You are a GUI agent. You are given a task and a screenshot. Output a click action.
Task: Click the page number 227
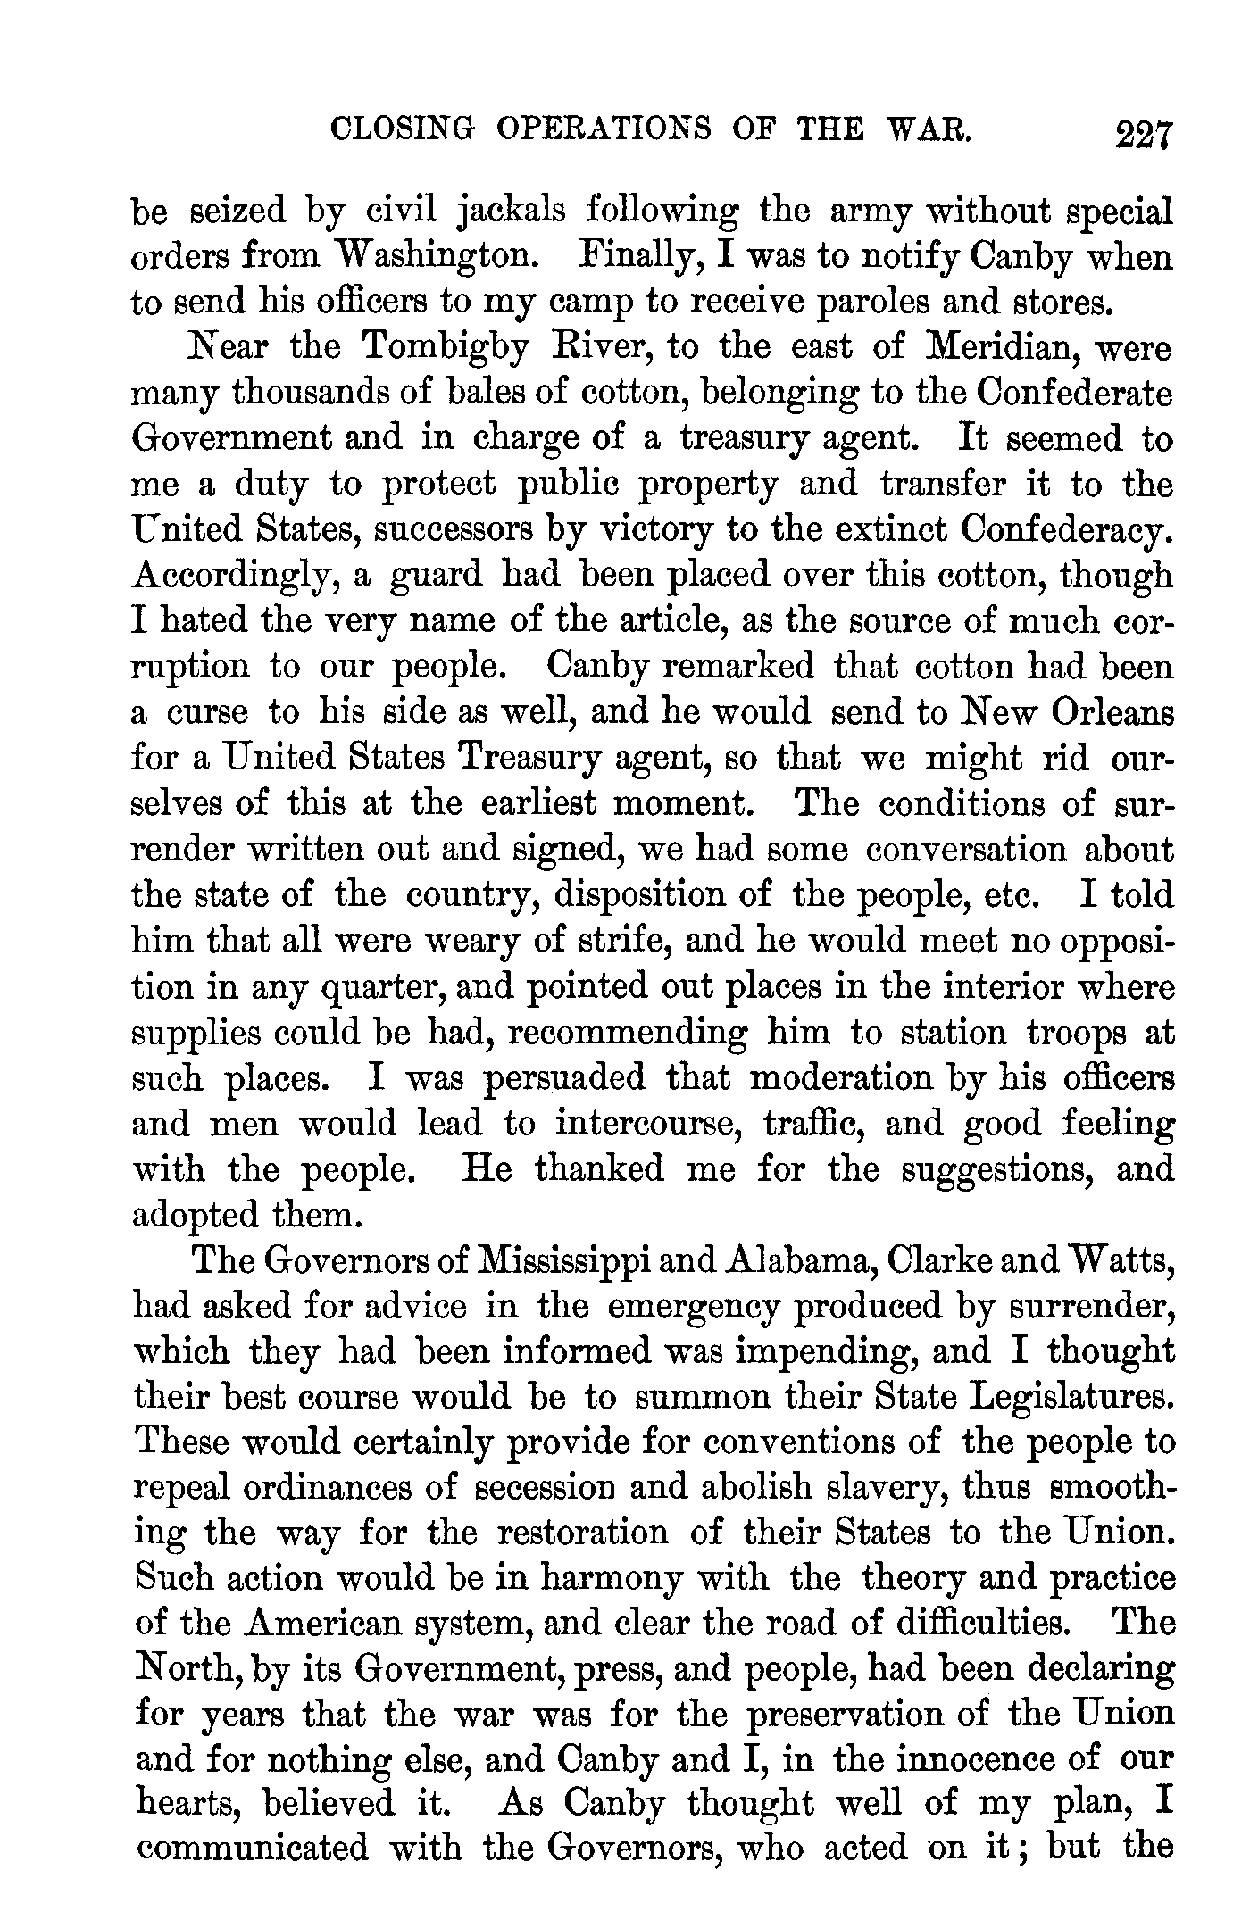tap(1141, 137)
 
